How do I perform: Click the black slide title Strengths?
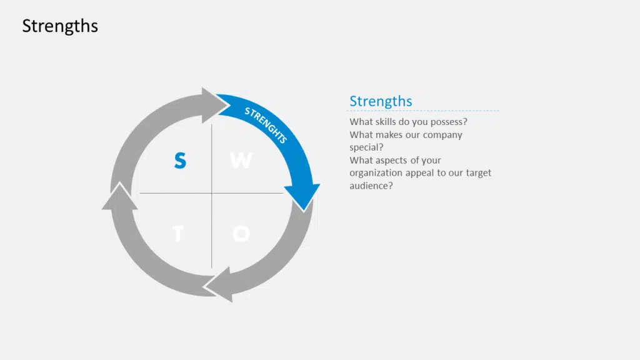coord(60,26)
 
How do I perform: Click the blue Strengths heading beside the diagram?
coord(381,101)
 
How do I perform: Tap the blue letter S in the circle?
coord(180,160)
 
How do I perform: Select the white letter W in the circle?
coord(241,160)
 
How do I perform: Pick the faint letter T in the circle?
coord(178,234)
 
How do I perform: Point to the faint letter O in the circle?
coord(241,234)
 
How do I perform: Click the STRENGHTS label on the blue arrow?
coord(266,124)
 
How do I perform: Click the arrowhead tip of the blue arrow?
coord(304,211)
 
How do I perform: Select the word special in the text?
coord(366,147)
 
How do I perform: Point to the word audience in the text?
coord(371,186)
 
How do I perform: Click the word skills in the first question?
coord(385,122)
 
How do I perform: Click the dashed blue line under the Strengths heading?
coord(423,111)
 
